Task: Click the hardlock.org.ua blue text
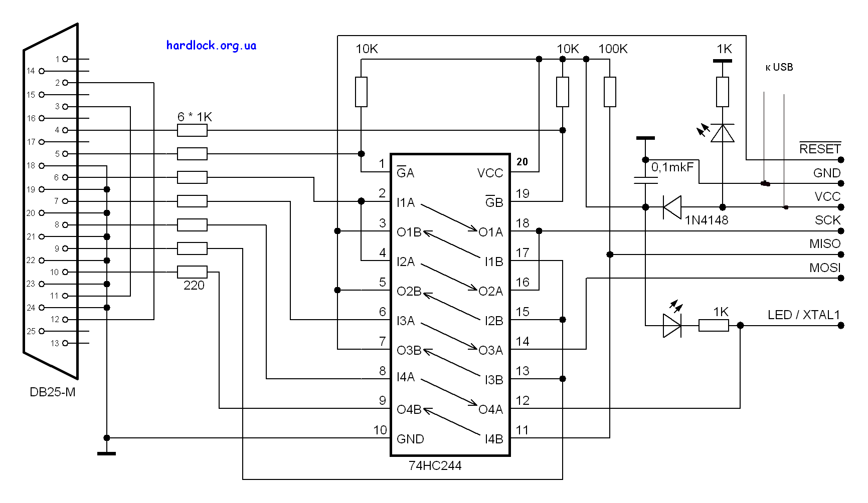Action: tap(211, 46)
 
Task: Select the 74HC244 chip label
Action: tap(435, 465)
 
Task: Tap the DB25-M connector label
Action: tap(52, 392)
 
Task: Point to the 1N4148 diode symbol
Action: tap(672, 207)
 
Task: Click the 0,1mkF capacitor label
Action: tap(672, 167)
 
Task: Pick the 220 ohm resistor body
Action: tap(192, 272)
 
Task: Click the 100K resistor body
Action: tap(610, 92)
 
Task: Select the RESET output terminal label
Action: tap(819, 149)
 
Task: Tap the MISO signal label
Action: tap(824, 244)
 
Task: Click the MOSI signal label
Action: tap(824, 268)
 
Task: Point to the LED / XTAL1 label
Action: tap(803, 315)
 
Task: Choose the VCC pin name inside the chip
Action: tap(490, 173)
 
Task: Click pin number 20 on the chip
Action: tap(522, 162)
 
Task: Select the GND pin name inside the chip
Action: tap(410, 439)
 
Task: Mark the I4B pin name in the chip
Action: tap(493, 439)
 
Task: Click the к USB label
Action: tap(779, 67)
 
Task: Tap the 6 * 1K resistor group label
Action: tap(195, 117)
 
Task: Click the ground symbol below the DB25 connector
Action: tap(106, 453)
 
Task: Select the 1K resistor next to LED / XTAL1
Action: tap(714, 326)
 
